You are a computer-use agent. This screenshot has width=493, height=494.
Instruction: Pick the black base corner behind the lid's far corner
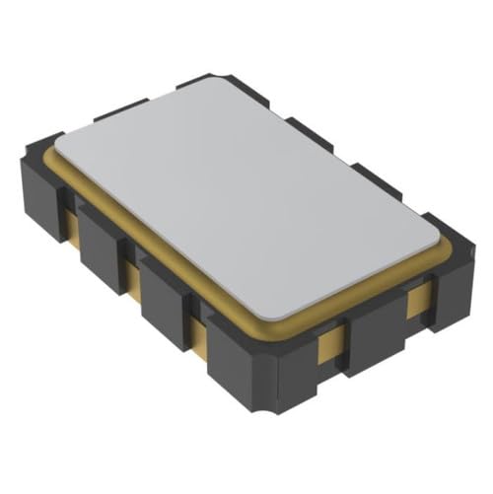(212, 76)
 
